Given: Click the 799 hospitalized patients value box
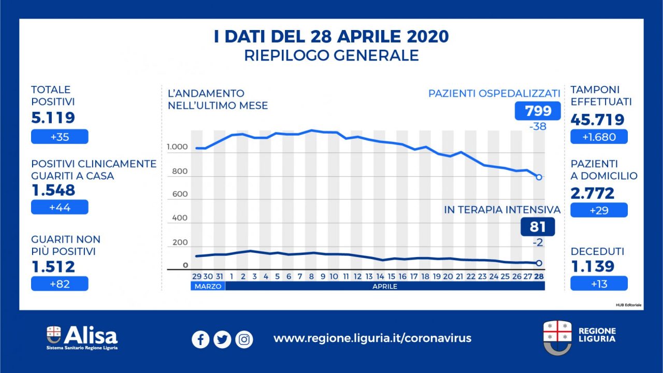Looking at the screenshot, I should tap(538, 111).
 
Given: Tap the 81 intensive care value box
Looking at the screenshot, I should tap(538, 226).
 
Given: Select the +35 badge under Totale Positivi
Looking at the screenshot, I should tap(60, 136).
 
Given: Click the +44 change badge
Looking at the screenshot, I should tap(60, 207).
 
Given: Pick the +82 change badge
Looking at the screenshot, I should tap(60, 283).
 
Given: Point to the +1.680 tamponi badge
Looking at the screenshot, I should tap(599, 136).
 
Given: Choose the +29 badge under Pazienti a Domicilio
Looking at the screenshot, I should tap(599, 210).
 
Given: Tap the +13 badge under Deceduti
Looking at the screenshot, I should tap(599, 283).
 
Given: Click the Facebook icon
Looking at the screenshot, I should tap(200, 339).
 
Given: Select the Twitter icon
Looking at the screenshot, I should tap(222, 339).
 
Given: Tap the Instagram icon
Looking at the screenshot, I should tap(244, 339).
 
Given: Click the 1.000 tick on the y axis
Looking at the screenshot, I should tap(177, 148).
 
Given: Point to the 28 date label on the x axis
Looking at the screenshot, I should tap(539, 277).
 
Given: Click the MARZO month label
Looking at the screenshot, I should tap(208, 286).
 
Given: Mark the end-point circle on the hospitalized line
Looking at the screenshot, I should tap(539, 177).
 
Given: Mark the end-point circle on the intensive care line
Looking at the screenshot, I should tap(539, 263).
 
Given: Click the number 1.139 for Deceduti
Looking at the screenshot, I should tap(593, 266).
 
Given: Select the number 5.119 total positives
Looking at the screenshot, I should tap(53, 118).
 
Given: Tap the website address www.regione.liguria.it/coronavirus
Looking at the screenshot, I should tap(372, 338).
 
